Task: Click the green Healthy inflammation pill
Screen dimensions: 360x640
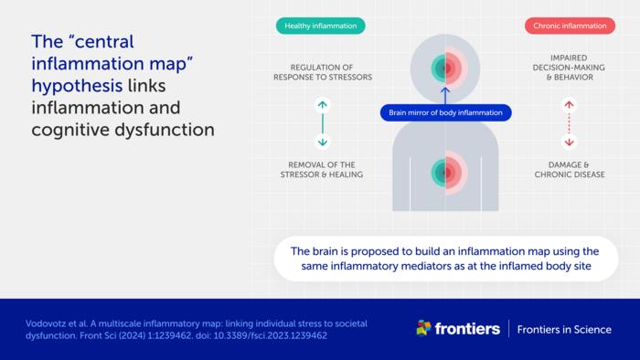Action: pos(321,26)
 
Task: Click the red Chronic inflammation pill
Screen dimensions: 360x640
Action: pos(570,26)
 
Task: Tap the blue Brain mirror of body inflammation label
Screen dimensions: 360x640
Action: pos(445,113)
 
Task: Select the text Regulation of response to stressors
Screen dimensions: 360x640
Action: pos(321,72)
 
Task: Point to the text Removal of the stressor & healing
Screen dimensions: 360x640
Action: pos(321,169)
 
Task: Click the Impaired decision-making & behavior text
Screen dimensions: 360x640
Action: pos(569,72)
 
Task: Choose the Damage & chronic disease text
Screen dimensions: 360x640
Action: pos(569,169)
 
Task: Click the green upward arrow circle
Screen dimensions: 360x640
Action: pos(321,105)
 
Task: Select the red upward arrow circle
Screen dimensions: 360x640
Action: pos(569,105)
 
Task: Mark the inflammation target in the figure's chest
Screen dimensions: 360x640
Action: pos(445,171)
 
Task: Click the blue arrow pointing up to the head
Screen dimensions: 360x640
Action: pos(445,94)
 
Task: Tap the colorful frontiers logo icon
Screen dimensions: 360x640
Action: pos(424,329)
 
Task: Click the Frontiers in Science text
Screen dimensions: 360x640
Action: pos(564,330)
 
